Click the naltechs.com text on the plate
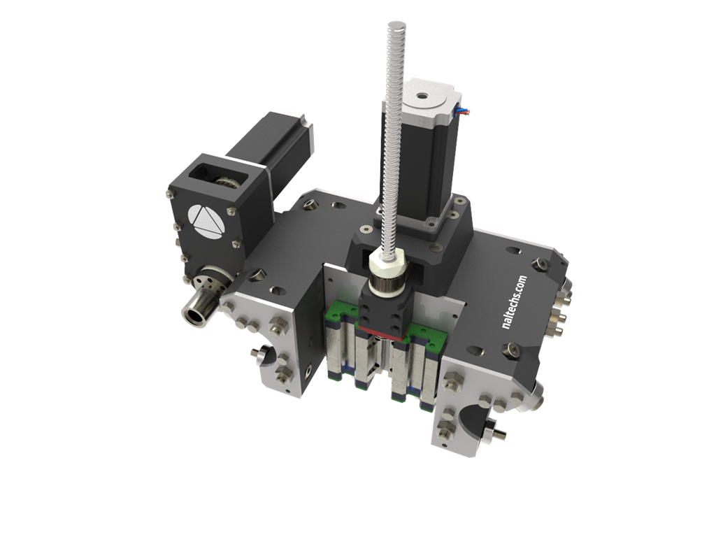click(514, 302)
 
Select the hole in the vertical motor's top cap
click(421, 96)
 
